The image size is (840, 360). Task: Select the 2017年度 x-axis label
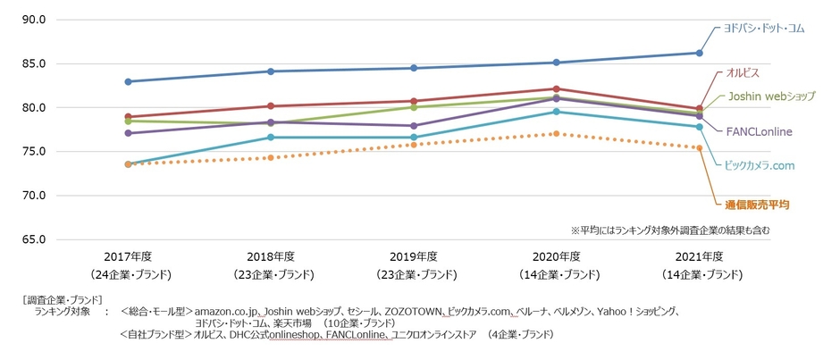(x=129, y=256)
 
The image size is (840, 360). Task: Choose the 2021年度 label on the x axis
(x=699, y=256)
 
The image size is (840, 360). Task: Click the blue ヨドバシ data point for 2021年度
(x=699, y=53)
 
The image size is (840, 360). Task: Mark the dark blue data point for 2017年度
(x=129, y=81)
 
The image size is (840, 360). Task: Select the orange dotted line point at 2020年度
(x=556, y=133)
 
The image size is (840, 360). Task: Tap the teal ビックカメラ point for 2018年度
(x=271, y=138)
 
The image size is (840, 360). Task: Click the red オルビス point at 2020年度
(x=556, y=89)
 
